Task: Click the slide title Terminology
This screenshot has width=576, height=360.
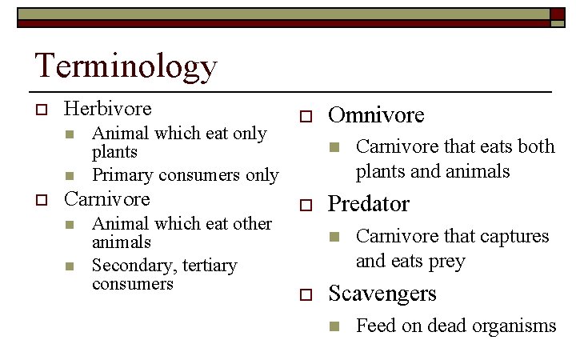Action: tap(126, 66)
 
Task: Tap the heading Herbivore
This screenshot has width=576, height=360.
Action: tap(107, 108)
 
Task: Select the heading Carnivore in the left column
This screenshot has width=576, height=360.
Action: tap(106, 198)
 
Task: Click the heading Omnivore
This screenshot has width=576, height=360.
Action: tap(376, 115)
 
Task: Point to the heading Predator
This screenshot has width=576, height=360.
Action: tap(369, 204)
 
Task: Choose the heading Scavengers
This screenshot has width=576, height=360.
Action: tap(382, 294)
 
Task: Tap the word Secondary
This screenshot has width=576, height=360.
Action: tap(127, 265)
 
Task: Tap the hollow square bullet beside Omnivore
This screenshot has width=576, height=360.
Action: tap(304, 117)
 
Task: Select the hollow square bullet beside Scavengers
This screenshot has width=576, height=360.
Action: tap(304, 295)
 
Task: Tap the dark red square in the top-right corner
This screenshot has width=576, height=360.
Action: tap(557, 14)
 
